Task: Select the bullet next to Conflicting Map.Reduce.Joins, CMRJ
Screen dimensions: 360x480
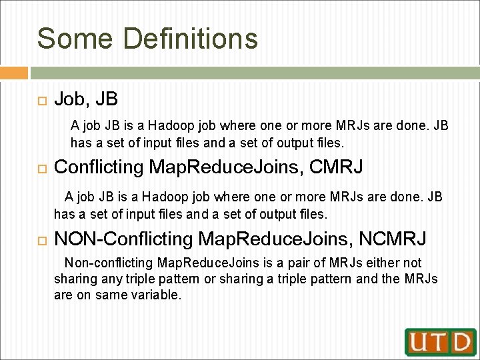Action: point(39,167)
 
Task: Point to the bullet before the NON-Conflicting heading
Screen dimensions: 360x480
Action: point(39,238)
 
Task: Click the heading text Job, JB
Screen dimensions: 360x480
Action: point(85,99)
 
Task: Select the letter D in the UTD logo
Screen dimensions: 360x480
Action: point(461,342)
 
